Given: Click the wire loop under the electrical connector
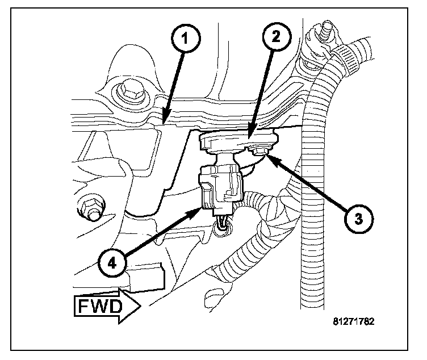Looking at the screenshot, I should click(x=222, y=228).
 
